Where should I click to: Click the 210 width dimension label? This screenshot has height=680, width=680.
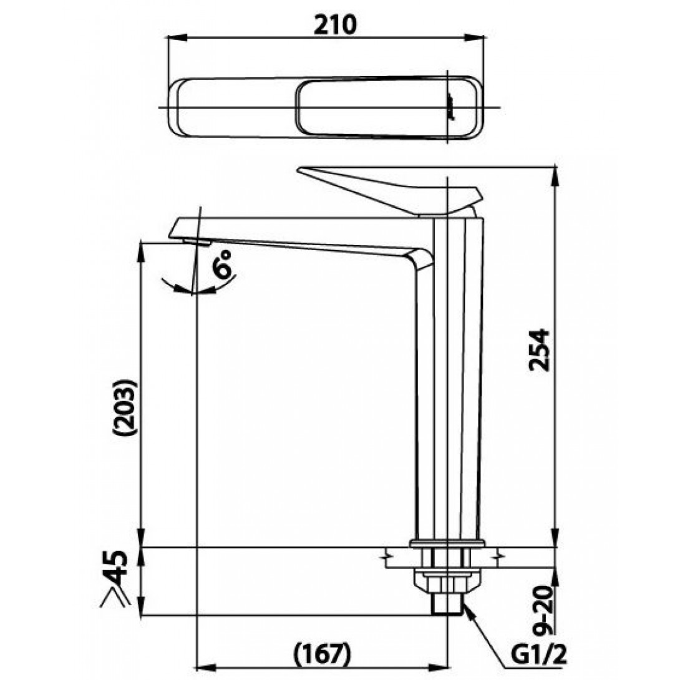[x=335, y=24]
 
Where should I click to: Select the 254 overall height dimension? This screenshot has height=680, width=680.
[x=539, y=350]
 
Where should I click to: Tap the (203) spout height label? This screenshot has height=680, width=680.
[x=125, y=407]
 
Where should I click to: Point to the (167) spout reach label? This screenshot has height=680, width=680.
[x=322, y=653]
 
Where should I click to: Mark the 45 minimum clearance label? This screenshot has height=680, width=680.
[x=117, y=568]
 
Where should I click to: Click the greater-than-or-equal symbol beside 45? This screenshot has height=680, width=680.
[x=115, y=597]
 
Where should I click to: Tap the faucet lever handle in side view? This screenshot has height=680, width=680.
[x=391, y=191]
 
